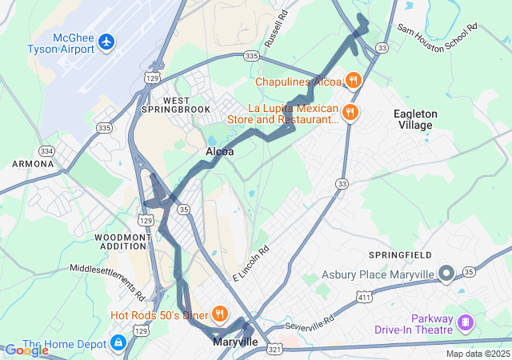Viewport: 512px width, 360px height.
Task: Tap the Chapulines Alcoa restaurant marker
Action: coord(353,80)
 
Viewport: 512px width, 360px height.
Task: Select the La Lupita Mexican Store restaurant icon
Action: coord(349,113)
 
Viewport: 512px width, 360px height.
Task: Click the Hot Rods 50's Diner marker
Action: coord(218,314)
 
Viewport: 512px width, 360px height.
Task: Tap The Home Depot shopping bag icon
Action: coord(118,343)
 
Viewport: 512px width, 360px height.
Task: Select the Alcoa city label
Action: coord(220,151)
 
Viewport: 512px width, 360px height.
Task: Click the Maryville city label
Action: coord(235,342)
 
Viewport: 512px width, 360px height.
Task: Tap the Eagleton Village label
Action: coord(415,120)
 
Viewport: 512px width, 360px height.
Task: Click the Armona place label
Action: coord(32,164)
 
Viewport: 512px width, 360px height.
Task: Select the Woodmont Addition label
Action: coord(122,242)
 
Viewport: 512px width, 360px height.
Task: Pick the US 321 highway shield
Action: coord(274,349)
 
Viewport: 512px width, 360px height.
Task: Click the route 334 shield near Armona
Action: coord(47,151)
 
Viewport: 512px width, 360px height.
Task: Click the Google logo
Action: coord(26,350)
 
